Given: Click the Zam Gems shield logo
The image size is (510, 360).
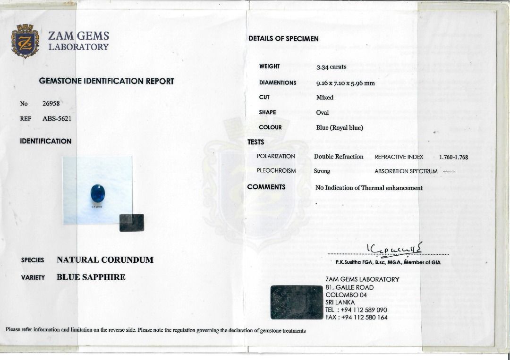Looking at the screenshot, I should pos(25,41).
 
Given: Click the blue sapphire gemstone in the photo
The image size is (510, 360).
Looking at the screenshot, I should pos(97,193).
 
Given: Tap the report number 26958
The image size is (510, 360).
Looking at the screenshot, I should pos(51,104).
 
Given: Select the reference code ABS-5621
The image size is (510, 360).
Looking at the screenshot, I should pos(57,119).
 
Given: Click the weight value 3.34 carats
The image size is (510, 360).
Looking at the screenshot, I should pos(331,67).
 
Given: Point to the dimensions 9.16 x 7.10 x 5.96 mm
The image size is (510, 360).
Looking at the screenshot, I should pos(345,83).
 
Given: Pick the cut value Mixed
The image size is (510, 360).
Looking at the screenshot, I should pos(325,98).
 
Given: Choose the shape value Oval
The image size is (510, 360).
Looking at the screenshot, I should pos(323,113).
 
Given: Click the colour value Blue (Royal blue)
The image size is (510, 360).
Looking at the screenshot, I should pos(340,128).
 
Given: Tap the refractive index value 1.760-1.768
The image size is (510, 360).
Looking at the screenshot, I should pos(453,157).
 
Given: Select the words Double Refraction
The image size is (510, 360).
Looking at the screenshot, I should pos(339,157).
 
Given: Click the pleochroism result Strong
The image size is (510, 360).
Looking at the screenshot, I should pos(322,171).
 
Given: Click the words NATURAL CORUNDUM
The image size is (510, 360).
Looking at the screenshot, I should pos(105,260).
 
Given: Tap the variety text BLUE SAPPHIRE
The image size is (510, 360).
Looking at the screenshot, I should pos(91,277).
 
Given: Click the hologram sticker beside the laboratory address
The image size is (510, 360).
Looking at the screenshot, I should pos(296,302).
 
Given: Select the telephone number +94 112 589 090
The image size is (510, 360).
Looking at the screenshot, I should pos(364,310).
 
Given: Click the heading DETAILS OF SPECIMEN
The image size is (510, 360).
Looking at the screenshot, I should pos(283,39).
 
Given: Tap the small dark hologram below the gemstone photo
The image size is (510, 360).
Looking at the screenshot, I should pos(132,222).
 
